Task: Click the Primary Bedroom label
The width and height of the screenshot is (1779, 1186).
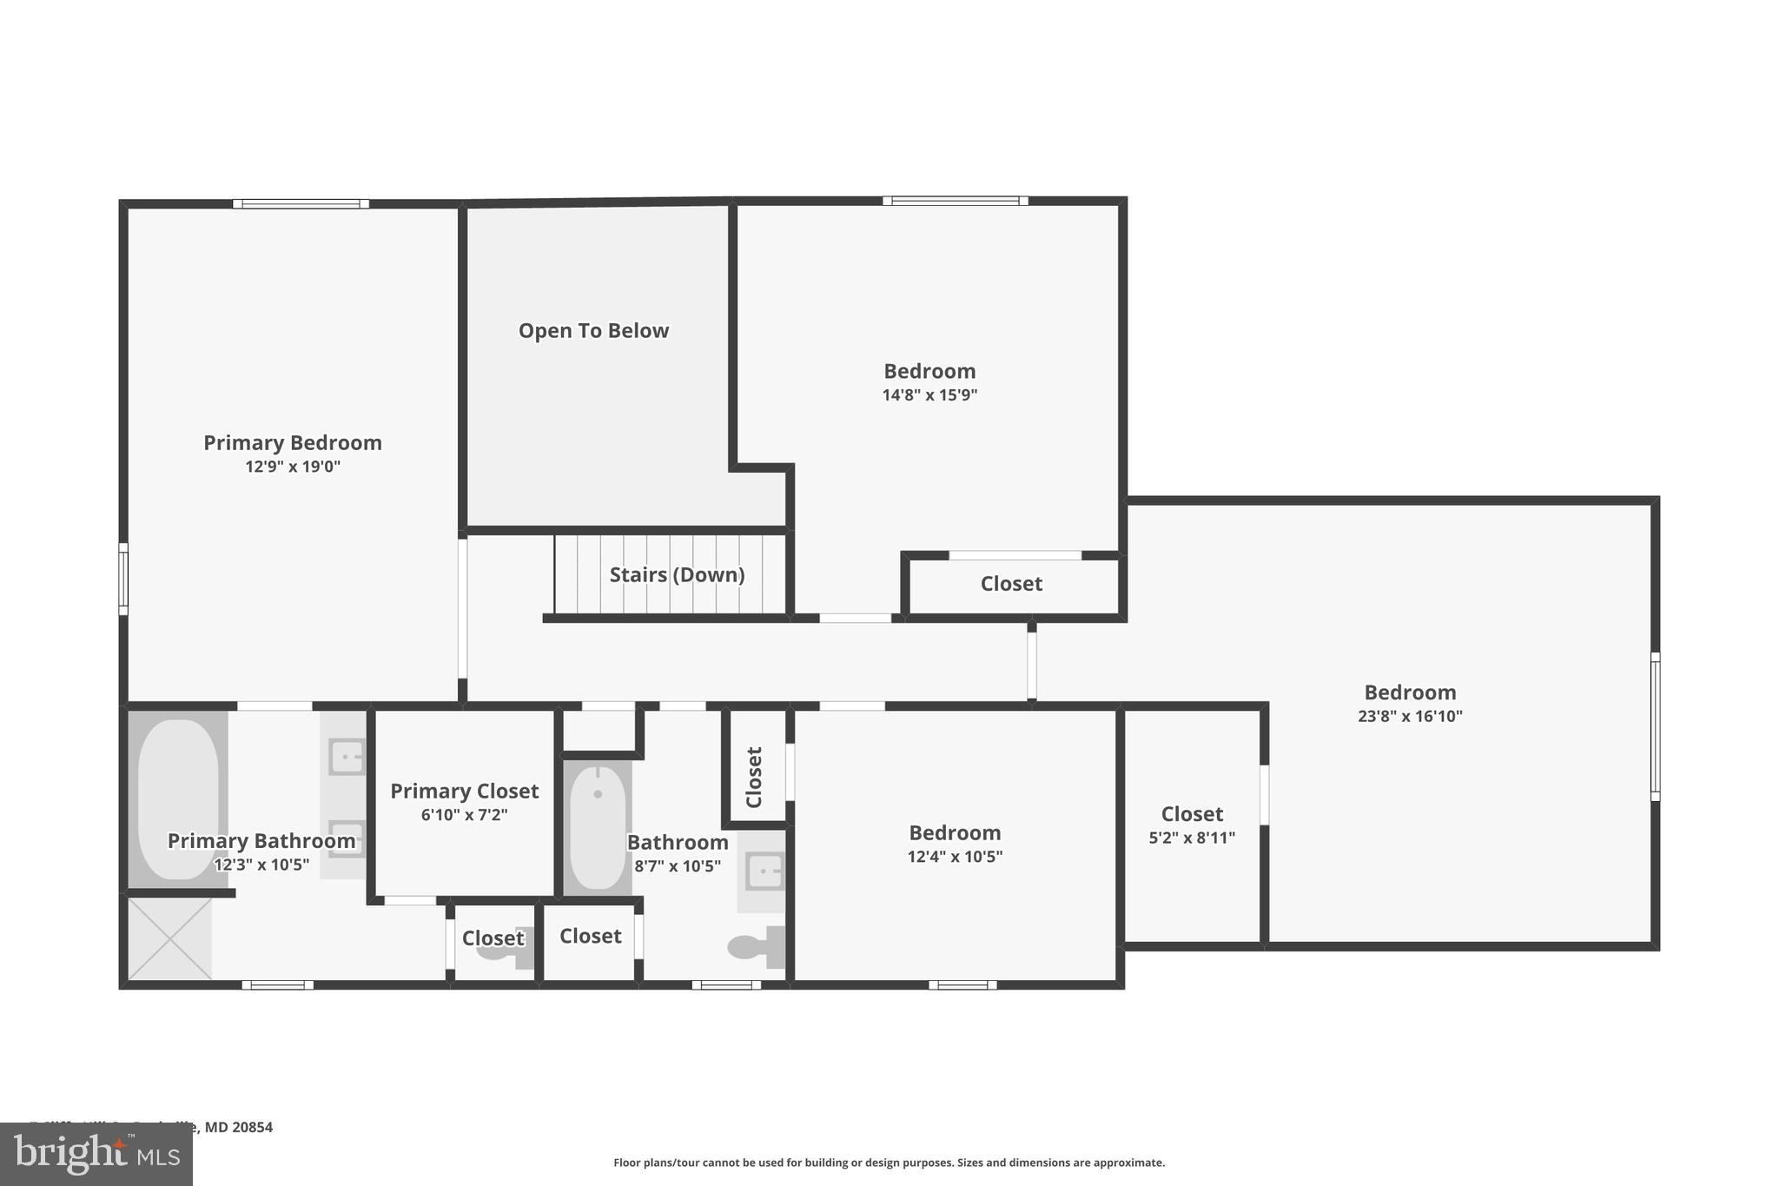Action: [x=293, y=443]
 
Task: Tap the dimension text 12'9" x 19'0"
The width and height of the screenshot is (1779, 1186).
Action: [x=293, y=467]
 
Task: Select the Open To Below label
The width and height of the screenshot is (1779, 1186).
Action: [x=593, y=331]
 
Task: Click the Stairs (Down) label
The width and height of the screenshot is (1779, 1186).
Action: [x=677, y=575]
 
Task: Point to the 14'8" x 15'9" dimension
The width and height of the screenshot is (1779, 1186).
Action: [x=929, y=395]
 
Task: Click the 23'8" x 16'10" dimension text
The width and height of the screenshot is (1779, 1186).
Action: [x=1410, y=717]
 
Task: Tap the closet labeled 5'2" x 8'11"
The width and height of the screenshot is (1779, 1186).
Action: [x=1192, y=825]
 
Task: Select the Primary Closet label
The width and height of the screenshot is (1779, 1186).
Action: [x=464, y=792]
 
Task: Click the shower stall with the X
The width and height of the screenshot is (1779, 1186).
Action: [x=170, y=939]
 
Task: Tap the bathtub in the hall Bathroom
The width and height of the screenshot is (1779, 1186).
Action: [x=598, y=827]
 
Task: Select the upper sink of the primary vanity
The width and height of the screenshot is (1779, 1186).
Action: [x=347, y=757]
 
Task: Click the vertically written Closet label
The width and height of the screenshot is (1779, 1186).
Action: [x=754, y=777]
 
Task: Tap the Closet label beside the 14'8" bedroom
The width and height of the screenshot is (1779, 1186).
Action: [x=1011, y=584]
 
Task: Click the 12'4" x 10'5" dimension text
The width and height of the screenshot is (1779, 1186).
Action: [x=955, y=857]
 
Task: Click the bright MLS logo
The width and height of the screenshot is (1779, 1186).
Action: [x=96, y=1154]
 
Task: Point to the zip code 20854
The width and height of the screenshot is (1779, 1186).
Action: [x=252, y=1128]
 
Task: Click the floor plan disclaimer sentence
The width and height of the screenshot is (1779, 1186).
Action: [x=889, y=1163]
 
